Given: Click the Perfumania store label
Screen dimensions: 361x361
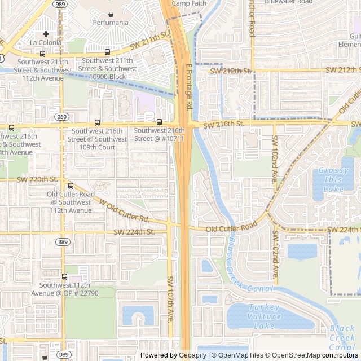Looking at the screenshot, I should pos(111,23).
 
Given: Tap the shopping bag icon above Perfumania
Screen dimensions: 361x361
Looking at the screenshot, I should pos(111,14).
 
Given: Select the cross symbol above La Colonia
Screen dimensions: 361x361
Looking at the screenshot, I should pos(46,34).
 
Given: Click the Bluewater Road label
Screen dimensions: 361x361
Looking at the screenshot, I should pos(288,2).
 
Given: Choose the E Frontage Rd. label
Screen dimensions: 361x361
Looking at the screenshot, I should pos(190,86).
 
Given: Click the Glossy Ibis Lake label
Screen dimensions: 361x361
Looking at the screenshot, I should pos(338,179).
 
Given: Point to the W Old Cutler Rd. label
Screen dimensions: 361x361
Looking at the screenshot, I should pos(124,209).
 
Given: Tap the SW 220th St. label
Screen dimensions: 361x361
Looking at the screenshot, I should pos(38,179).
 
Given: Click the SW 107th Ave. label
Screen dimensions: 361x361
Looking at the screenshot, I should pos(170,299).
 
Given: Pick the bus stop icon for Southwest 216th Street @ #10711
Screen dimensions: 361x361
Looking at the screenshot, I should pos(159,122).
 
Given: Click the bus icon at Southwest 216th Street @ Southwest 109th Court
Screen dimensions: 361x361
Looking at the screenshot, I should pos(97,122).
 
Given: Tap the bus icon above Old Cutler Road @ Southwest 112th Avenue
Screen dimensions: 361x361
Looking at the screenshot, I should pos(71,186).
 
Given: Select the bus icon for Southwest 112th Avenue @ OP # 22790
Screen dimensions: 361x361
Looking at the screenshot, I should pos(64,277).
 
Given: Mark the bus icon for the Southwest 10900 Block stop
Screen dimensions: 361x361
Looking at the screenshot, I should pos(107,52).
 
